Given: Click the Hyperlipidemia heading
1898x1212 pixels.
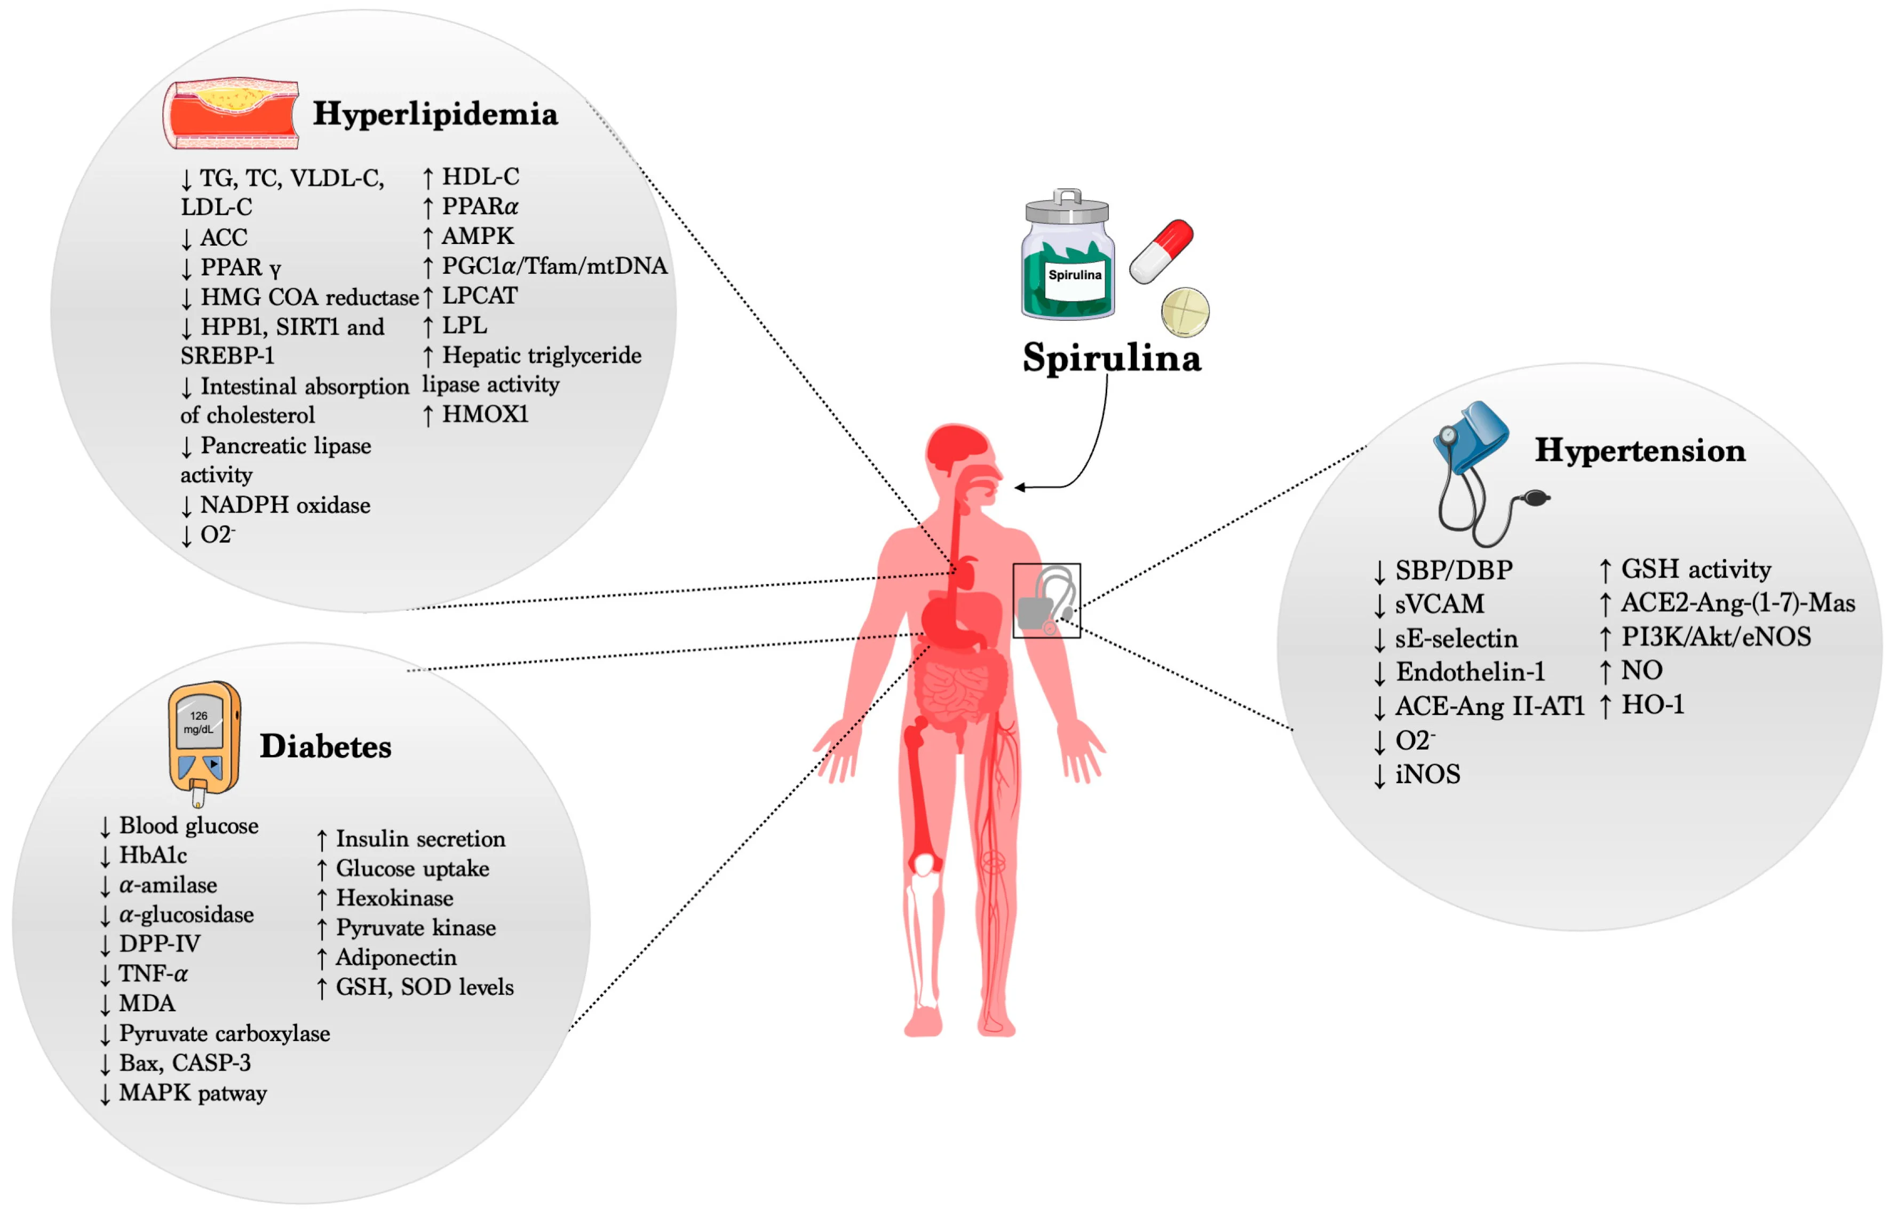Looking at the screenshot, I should point(435,114).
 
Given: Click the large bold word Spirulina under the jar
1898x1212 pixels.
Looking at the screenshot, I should point(1111,358).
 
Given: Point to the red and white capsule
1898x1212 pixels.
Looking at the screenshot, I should point(1161,251).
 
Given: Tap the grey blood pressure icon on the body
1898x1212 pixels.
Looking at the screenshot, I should point(1046,601).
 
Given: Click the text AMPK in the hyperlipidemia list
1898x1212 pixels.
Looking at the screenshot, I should point(478,236).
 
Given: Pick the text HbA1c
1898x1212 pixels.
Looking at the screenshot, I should point(153,855).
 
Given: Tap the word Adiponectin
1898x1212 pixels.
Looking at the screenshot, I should point(396,957).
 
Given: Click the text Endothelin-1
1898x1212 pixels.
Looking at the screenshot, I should point(1470,672).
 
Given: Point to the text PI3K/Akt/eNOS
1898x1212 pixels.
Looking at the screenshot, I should point(1716,636).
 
